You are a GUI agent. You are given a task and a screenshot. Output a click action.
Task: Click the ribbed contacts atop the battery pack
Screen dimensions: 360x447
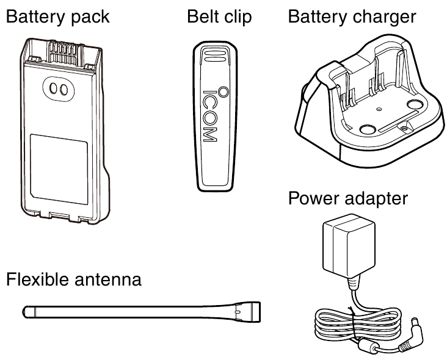pos(64,48)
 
